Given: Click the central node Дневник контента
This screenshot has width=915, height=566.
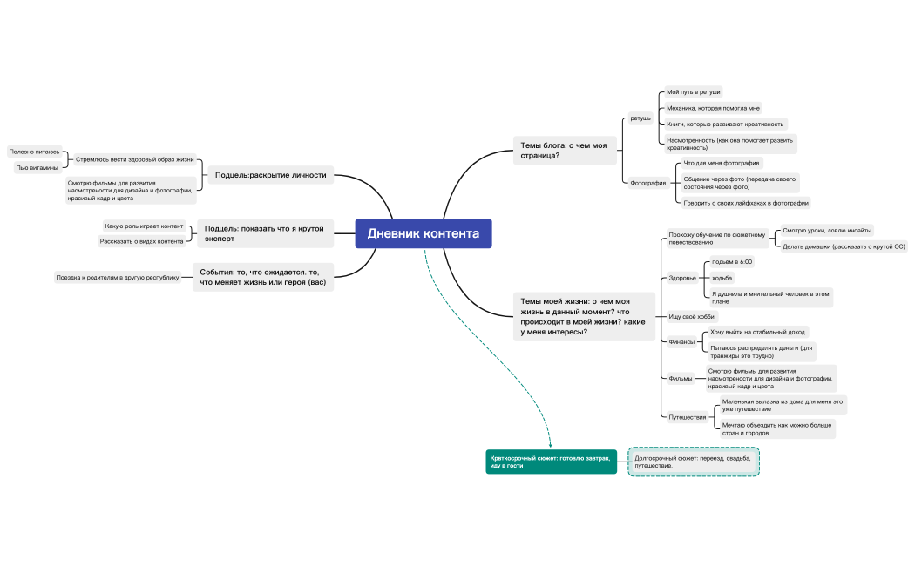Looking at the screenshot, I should (x=424, y=233).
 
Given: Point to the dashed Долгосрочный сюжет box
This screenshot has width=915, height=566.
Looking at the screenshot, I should (x=694, y=461).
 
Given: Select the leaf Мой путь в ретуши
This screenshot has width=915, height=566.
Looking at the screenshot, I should (x=694, y=92).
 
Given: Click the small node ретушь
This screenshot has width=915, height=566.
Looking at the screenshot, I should (x=640, y=118).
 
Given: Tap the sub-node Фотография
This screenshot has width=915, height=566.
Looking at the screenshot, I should (x=647, y=183).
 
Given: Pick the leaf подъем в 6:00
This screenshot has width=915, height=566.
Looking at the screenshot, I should (x=732, y=262).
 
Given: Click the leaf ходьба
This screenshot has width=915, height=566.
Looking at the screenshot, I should (x=722, y=278).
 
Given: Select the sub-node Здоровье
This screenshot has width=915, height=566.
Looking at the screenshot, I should (x=681, y=279).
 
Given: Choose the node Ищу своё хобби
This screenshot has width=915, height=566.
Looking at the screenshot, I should (x=691, y=317).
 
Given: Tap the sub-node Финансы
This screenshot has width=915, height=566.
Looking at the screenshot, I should (x=681, y=342).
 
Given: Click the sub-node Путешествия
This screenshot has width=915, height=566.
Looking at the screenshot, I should (x=687, y=417).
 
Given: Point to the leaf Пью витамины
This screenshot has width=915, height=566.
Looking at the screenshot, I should (x=37, y=167).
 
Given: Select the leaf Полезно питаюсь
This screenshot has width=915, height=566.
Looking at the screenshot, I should (x=35, y=152).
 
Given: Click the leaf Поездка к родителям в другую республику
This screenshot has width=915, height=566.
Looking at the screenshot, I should (x=117, y=278).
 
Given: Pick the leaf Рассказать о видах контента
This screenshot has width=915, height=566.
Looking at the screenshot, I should (x=141, y=241).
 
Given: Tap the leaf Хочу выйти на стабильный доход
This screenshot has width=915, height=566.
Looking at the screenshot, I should (x=758, y=332).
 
